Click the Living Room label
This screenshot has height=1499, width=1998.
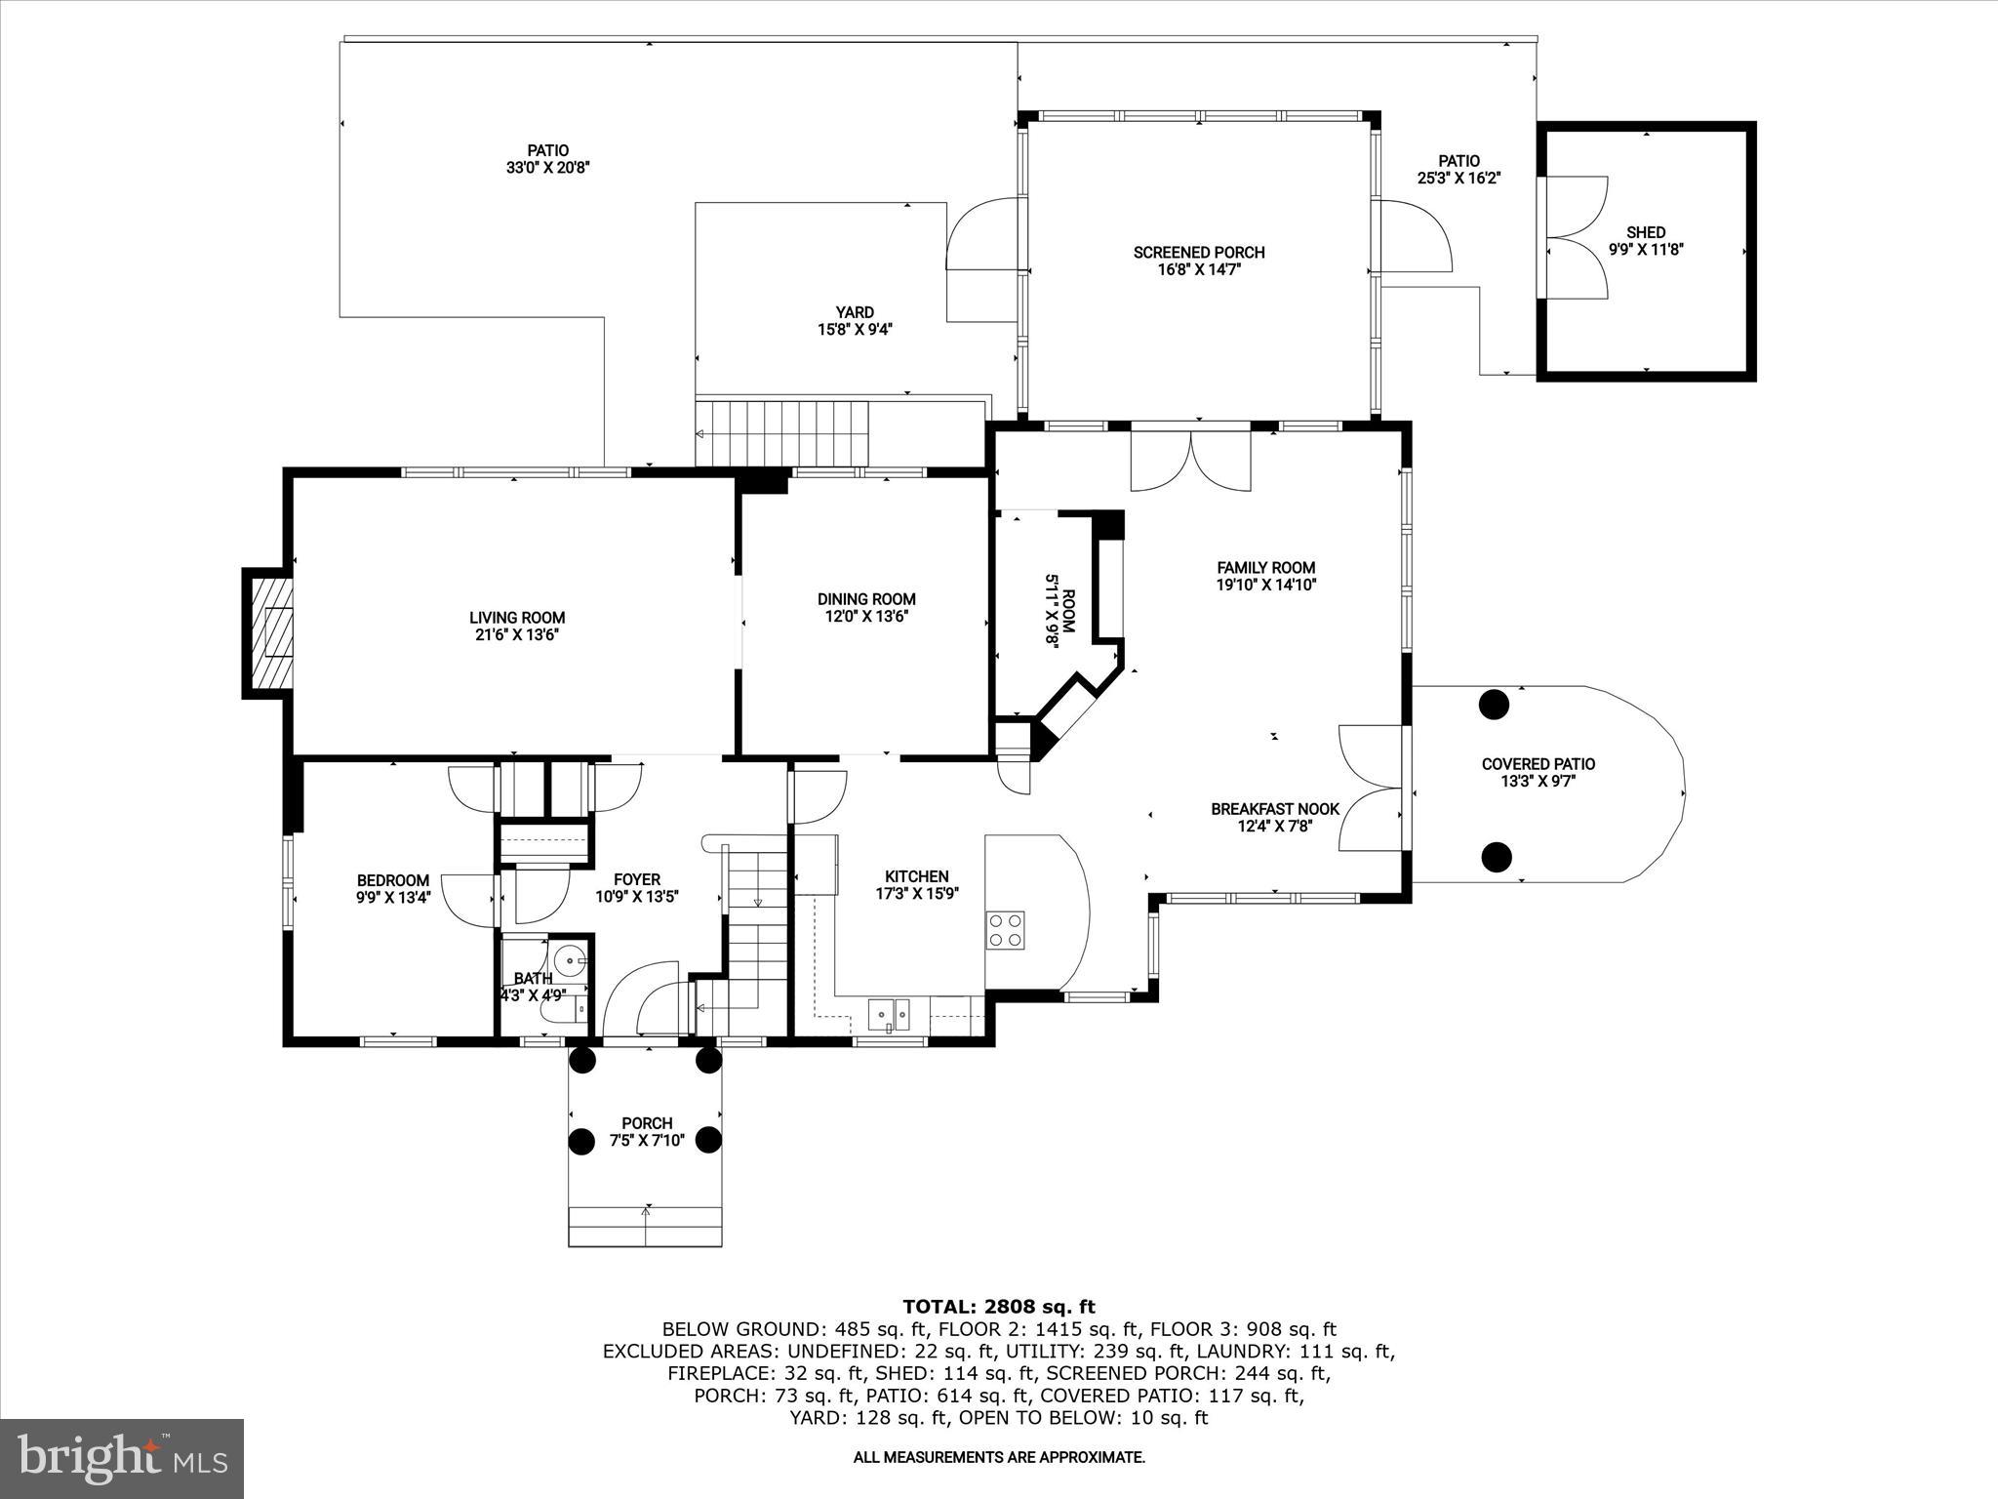[517, 618]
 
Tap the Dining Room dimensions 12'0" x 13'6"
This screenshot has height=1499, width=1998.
[866, 617]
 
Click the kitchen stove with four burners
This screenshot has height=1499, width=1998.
[1005, 930]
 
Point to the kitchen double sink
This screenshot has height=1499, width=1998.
[889, 1014]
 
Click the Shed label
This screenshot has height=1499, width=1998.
[1646, 232]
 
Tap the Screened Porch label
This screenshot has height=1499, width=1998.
[1199, 253]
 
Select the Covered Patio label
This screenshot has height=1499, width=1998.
[1538, 764]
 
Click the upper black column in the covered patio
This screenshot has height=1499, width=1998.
[1494, 704]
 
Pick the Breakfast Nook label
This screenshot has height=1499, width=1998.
[1275, 809]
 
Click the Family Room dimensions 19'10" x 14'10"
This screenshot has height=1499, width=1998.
[1267, 586]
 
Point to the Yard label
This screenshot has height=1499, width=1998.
[855, 312]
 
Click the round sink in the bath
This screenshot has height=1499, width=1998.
[570, 961]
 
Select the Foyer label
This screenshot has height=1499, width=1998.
[637, 879]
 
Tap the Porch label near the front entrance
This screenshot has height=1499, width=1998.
[647, 1123]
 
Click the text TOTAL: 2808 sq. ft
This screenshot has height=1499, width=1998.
[998, 1307]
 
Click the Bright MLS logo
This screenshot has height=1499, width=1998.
[122, 1458]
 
